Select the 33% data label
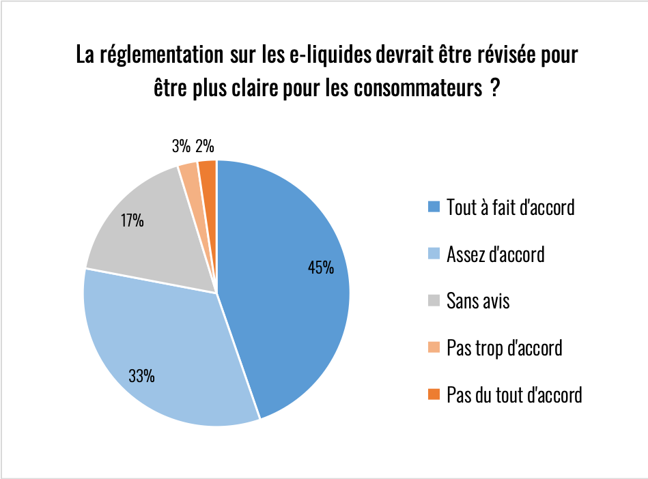coord(141,375)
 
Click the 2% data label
coord(205,146)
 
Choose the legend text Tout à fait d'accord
coord(510,207)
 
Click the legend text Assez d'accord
coord(495,255)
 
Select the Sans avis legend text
coord(478,300)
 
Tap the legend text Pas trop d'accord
coord(504,347)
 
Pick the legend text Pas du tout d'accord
coord(514,394)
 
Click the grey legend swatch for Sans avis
coord(434,301)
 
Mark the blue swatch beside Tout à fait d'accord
coord(434,207)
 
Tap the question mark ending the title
coord(494,89)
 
